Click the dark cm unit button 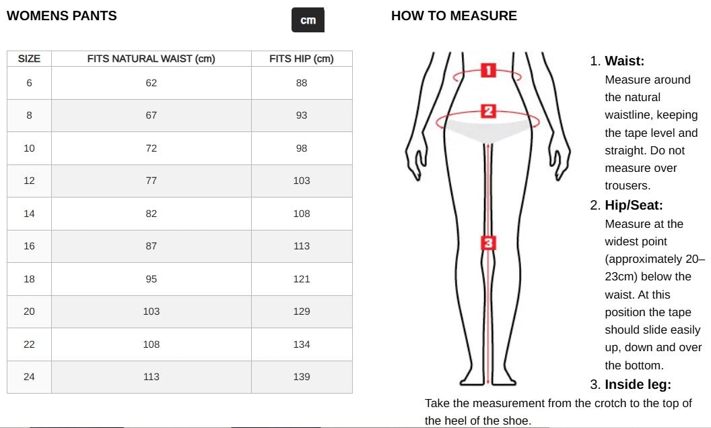[308, 20]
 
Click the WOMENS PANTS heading [62, 16]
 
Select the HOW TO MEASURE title [454, 16]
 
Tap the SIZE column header [29, 59]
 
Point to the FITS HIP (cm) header [302, 59]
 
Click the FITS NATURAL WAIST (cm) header [151, 59]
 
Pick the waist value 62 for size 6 [151, 83]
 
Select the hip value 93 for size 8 [302, 115]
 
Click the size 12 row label [29, 181]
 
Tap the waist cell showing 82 [151, 214]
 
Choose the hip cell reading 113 [302, 246]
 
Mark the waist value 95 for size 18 [151, 279]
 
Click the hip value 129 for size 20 [302, 311]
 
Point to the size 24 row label [29, 377]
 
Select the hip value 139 [302, 377]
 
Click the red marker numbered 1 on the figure [488, 70]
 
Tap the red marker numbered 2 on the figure [488, 111]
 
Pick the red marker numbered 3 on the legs [488, 243]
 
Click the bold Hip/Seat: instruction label [634, 205]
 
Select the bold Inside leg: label [638, 384]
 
